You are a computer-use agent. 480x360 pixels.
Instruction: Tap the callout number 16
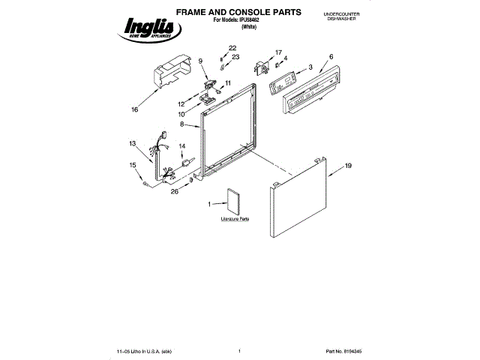click(134, 109)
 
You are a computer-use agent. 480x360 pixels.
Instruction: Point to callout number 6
click(331, 57)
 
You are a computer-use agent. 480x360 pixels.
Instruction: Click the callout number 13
click(133, 143)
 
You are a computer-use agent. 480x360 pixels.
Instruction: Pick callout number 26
click(175, 191)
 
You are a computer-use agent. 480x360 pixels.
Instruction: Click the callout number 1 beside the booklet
click(211, 203)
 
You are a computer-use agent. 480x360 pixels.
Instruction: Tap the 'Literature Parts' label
click(235, 218)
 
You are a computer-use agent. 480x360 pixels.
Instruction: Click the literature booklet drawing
click(232, 201)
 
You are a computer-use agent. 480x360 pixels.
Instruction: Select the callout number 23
click(235, 57)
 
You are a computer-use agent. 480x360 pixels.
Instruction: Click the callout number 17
click(278, 52)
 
